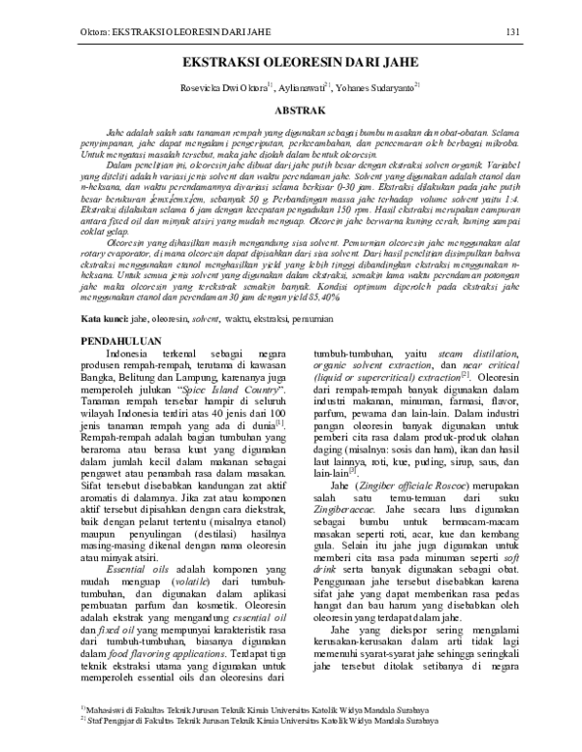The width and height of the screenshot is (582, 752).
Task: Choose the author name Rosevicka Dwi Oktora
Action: point(221,88)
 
